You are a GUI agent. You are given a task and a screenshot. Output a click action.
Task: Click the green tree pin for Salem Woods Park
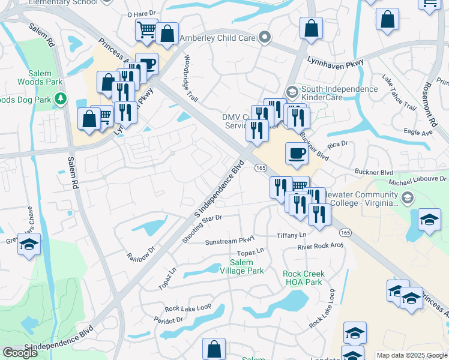tap(60, 98)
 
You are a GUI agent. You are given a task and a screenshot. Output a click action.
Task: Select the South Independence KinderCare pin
tap(292, 92)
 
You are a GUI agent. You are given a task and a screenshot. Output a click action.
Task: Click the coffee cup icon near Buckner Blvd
tap(297, 154)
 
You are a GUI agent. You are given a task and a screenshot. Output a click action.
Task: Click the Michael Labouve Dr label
tap(418, 179)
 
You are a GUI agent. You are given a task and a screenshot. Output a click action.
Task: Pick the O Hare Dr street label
tap(142, 13)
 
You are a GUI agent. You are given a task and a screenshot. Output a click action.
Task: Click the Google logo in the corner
tap(20, 353)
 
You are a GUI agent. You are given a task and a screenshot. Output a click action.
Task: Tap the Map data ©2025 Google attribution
tap(412, 355)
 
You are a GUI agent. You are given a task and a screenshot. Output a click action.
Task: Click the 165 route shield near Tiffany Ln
tap(345, 232)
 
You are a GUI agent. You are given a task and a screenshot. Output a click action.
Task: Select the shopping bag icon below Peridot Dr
tap(214, 349)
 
